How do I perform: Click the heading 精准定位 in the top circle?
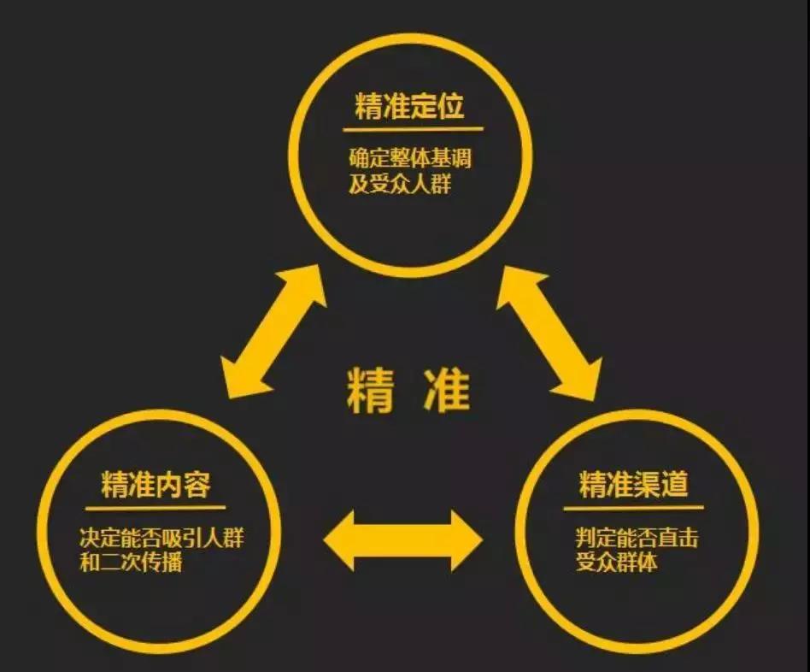[x=409, y=106]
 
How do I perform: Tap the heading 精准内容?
[x=156, y=485]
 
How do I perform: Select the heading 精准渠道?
[x=633, y=485]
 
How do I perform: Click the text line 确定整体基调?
[x=410, y=157]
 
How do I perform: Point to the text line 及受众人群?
[x=399, y=184]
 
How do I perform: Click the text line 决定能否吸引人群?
[x=161, y=538]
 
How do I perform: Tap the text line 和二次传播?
[x=131, y=562]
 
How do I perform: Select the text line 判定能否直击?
[x=637, y=538]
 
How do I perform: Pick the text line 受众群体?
[x=616, y=562]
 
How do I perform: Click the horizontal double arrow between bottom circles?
[x=403, y=540]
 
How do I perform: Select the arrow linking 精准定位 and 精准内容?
[x=273, y=332]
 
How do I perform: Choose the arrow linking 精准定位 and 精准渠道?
[x=549, y=333]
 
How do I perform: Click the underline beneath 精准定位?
[x=413, y=129]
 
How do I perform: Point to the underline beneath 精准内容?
[x=156, y=508]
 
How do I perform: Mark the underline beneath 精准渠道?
[x=633, y=508]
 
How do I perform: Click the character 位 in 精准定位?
[x=450, y=106]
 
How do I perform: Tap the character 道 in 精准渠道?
[x=675, y=485]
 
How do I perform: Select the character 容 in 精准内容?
[x=197, y=485]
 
